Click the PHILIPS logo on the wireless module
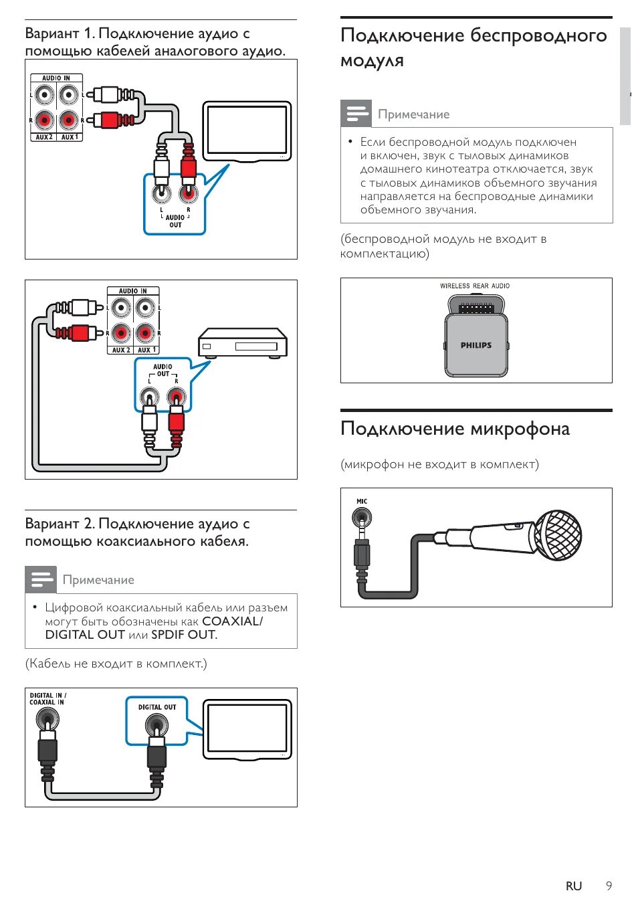coord(475,345)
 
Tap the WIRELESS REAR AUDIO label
coord(475,286)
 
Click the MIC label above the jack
coord(362,501)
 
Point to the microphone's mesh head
coord(558,535)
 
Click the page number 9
coord(609,886)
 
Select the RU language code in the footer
coord(574,886)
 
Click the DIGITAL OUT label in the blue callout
coord(157,707)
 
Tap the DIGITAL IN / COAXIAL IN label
coord(47,699)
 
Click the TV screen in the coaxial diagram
coord(247,728)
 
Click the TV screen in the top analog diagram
coord(247,130)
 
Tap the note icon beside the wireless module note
coord(356,113)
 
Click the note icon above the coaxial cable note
coord(41,579)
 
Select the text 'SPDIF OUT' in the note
coord(183,635)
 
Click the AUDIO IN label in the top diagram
coord(56,78)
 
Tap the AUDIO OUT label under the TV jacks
coord(175,221)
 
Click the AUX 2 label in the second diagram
coord(120,350)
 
